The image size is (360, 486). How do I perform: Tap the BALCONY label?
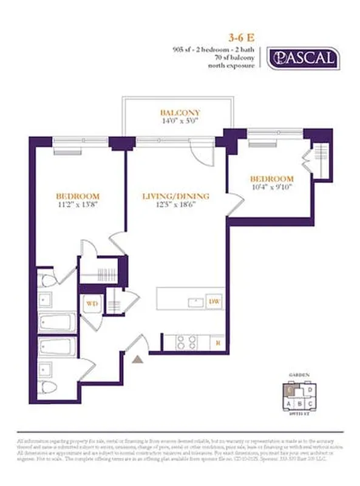point(180,112)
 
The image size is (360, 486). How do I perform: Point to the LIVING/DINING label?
point(175,196)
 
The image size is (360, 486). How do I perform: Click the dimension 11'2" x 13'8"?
point(77,206)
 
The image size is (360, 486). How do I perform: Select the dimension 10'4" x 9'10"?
point(272,187)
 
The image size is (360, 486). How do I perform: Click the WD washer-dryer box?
point(92,302)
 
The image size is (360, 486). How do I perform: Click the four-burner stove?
point(186,343)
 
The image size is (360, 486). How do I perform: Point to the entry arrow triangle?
point(138,360)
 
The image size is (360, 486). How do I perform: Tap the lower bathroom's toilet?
point(47,387)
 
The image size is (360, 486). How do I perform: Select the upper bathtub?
point(57,323)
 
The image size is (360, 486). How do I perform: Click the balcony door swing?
point(199,149)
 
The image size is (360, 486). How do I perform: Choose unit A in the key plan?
point(289,403)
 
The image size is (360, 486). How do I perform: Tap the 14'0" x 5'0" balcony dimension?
point(180,122)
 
